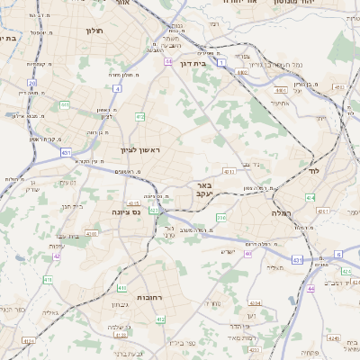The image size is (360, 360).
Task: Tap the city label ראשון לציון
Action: click(139, 149)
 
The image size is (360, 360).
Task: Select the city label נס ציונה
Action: click(127, 211)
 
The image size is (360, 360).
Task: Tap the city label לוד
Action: click(312, 169)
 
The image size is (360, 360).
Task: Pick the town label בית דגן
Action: click(207, 64)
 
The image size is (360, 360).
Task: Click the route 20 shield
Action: click(31, 83)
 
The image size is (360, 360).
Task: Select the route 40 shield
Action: click(248, 254)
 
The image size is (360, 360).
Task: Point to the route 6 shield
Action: click(338, 255)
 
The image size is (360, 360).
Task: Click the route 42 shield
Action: click(57, 256)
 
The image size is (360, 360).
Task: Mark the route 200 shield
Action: click(221, 217)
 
